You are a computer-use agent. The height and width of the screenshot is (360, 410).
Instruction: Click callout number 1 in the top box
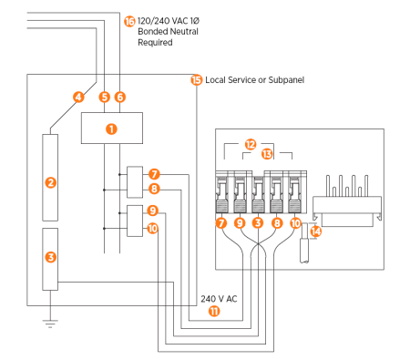click(111, 129)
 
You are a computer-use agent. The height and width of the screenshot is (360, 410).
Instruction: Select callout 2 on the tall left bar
click(51, 182)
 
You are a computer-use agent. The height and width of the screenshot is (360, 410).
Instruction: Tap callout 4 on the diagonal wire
click(78, 97)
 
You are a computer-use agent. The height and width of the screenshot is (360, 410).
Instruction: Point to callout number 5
click(105, 97)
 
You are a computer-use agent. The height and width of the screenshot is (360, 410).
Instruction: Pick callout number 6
click(120, 97)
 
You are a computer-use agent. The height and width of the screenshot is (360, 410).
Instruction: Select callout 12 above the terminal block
click(251, 143)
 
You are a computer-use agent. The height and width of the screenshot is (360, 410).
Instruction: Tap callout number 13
click(267, 154)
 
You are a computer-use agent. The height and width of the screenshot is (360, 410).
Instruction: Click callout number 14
click(314, 231)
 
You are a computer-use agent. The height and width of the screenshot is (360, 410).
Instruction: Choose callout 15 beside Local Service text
click(196, 80)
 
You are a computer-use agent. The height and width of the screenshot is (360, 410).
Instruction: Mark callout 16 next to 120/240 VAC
click(128, 20)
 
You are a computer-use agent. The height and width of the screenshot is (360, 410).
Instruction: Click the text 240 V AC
click(219, 299)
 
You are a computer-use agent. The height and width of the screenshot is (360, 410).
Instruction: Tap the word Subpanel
click(282, 80)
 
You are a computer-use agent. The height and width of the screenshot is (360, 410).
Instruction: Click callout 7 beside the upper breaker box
click(154, 173)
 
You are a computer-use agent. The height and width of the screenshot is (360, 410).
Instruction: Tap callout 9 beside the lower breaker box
click(154, 211)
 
